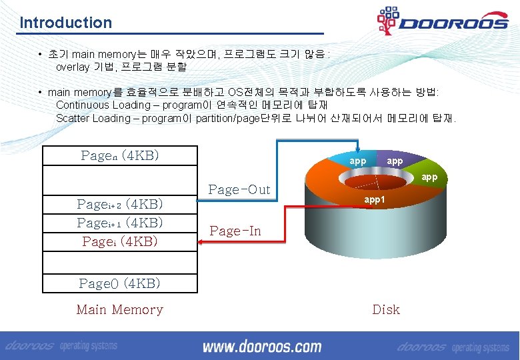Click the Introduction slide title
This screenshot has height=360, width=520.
[x=66, y=23]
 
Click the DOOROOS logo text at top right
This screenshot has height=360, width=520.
[x=453, y=23]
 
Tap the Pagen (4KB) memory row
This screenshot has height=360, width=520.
[x=120, y=155]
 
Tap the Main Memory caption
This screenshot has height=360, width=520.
[x=120, y=309]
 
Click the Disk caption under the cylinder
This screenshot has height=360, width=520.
[x=386, y=309]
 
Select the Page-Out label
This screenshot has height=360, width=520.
[x=239, y=189]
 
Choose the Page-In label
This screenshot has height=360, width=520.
[x=235, y=231]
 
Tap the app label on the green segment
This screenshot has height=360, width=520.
[x=429, y=177]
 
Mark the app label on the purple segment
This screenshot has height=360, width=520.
[x=395, y=161]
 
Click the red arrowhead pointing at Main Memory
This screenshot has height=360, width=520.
[x=203, y=243]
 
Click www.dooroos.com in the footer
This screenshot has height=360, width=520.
[x=261, y=347]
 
